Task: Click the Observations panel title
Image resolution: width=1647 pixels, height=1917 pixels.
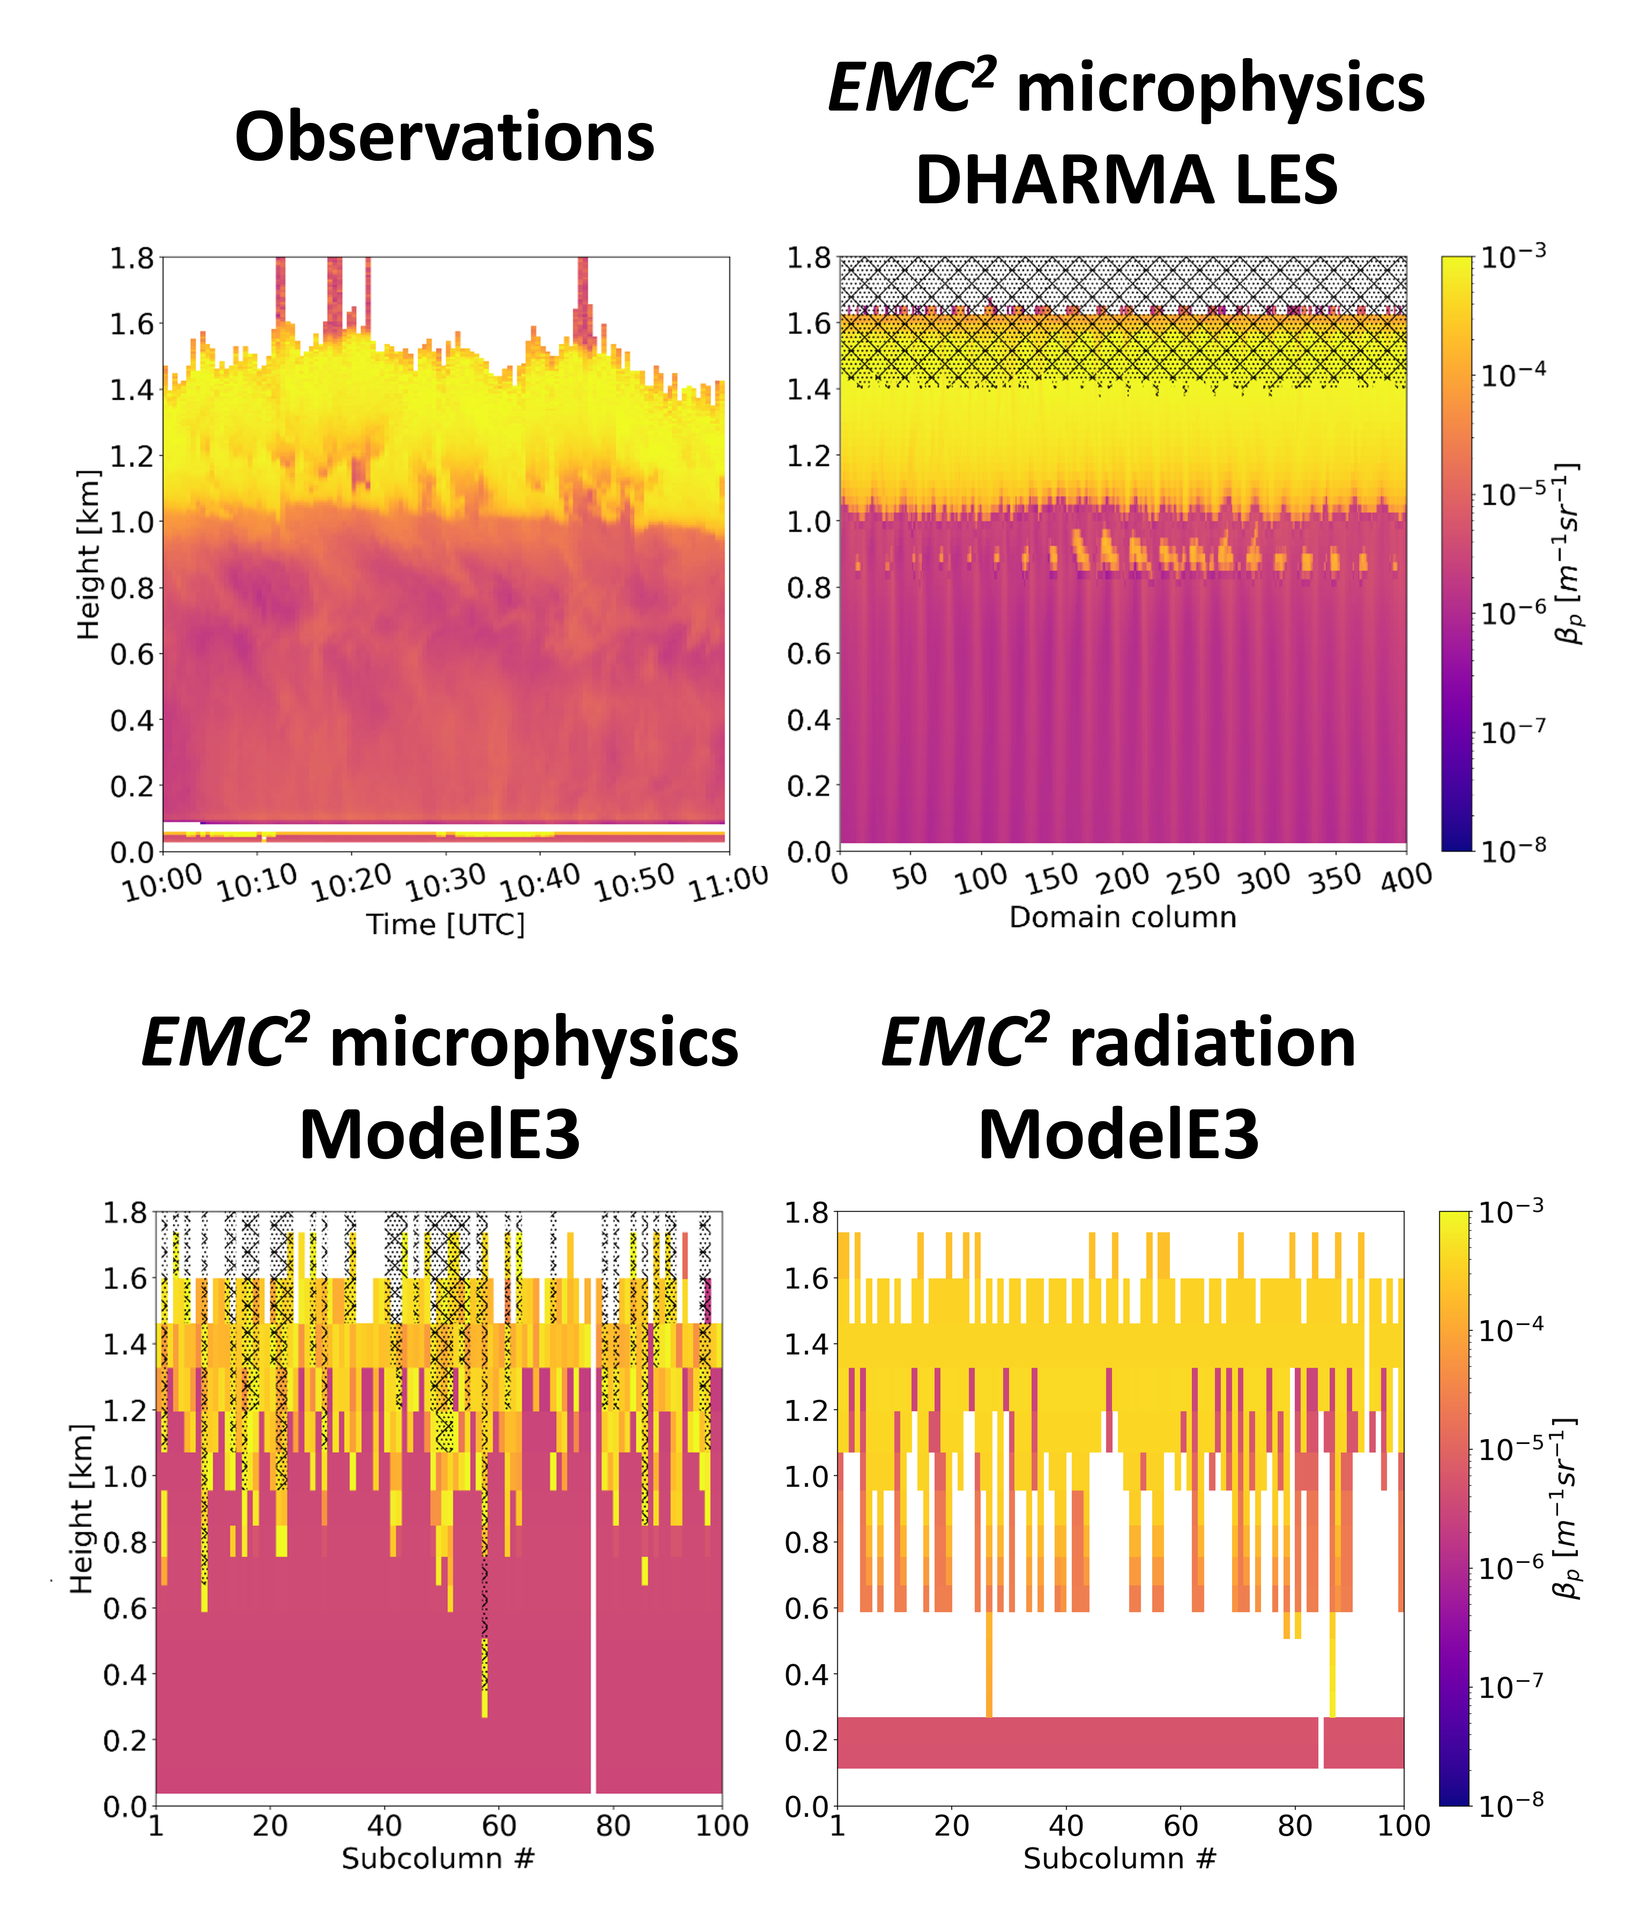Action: pyautogui.click(x=444, y=137)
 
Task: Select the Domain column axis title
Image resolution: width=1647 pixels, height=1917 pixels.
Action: pyautogui.click(x=1122, y=917)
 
